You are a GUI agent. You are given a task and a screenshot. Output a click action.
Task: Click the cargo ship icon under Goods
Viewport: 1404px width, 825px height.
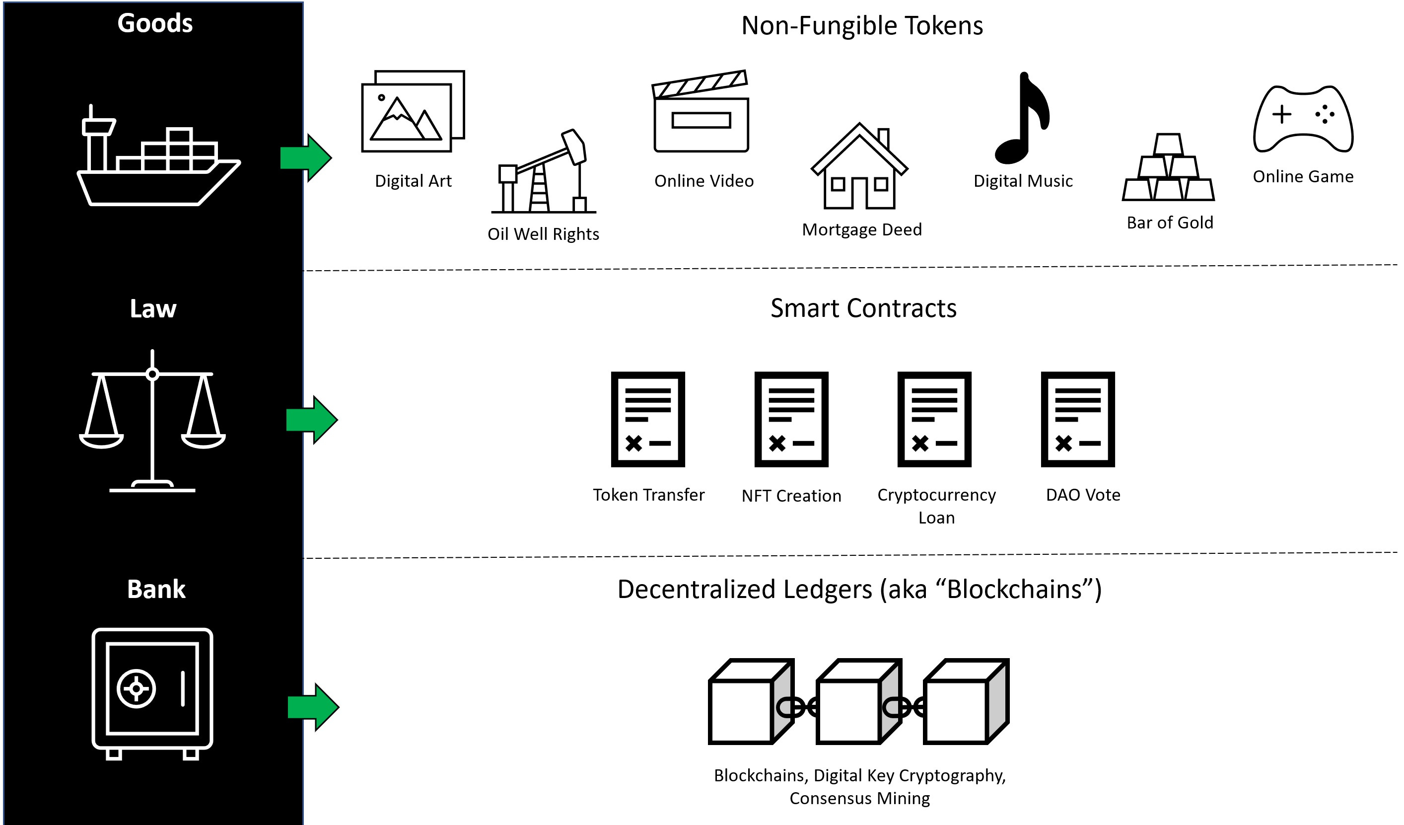(x=158, y=161)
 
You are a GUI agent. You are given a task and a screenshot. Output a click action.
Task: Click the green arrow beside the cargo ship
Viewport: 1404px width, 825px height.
(x=306, y=158)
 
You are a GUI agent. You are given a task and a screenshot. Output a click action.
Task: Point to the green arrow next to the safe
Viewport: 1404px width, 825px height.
(x=313, y=707)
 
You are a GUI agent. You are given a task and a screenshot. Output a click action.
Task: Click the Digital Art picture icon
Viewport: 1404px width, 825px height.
(x=412, y=111)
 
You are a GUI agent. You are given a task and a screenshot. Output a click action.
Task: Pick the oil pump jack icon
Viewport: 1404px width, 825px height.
(x=543, y=173)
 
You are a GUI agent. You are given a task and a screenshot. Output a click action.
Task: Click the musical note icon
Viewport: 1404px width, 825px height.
(x=1022, y=120)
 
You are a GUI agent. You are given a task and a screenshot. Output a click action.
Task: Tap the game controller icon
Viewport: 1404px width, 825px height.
(x=1303, y=120)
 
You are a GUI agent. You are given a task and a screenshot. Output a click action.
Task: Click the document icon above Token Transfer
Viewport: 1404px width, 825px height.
(x=648, y=419)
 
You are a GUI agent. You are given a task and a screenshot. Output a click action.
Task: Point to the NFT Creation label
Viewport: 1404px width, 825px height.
(x=791, y=496)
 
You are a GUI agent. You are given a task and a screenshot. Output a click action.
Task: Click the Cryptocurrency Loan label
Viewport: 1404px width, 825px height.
(x=936, y=506)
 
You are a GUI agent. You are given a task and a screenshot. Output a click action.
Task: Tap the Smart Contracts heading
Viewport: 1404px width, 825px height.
(x=863, y=308)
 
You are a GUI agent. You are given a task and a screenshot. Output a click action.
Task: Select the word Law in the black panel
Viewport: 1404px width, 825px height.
(x=153, y=309)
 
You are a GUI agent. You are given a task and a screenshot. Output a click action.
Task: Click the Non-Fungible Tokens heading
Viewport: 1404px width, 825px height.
(x=862, y=26)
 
